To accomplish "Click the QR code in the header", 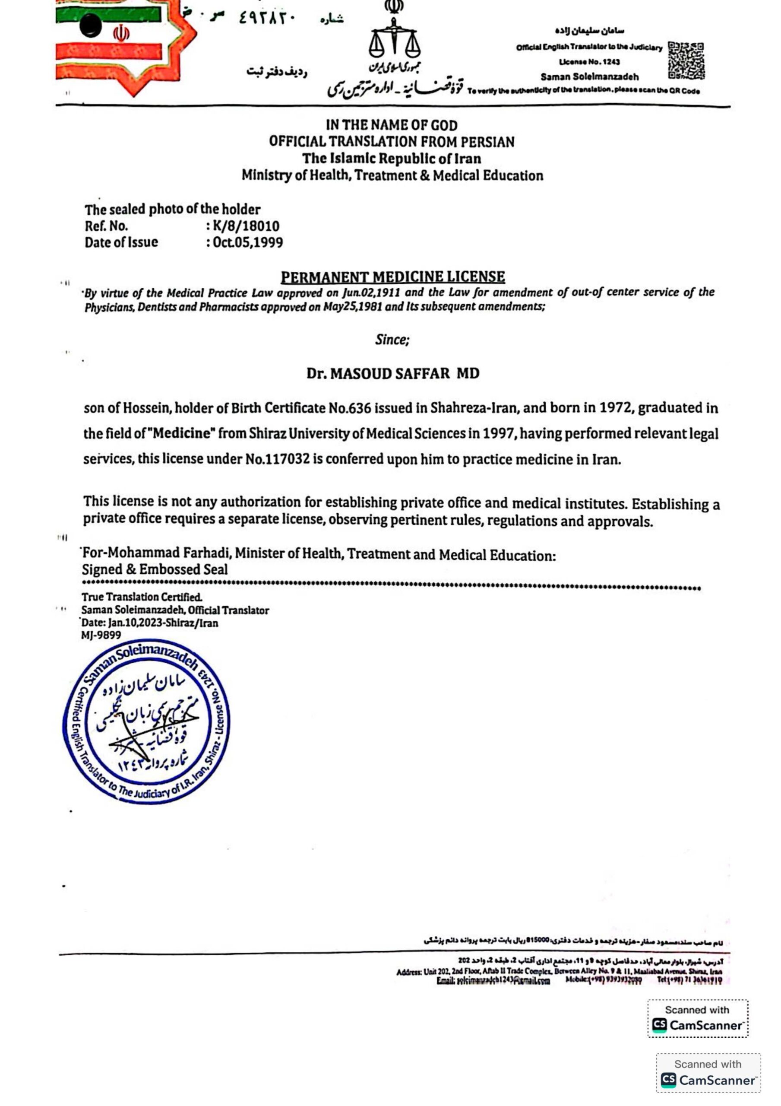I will pos(686,60).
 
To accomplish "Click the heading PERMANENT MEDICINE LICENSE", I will pos(393,277).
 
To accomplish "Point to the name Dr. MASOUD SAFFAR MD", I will pos(393,373).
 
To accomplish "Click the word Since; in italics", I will pos(392,340).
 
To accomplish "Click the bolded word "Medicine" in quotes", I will pos(183,433).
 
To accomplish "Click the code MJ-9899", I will pos(101,636).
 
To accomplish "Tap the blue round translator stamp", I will pos(146,721).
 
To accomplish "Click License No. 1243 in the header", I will pos(589,62).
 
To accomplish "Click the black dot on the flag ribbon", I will pos(91,25).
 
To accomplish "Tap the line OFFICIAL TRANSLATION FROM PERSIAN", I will pos(392,142).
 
